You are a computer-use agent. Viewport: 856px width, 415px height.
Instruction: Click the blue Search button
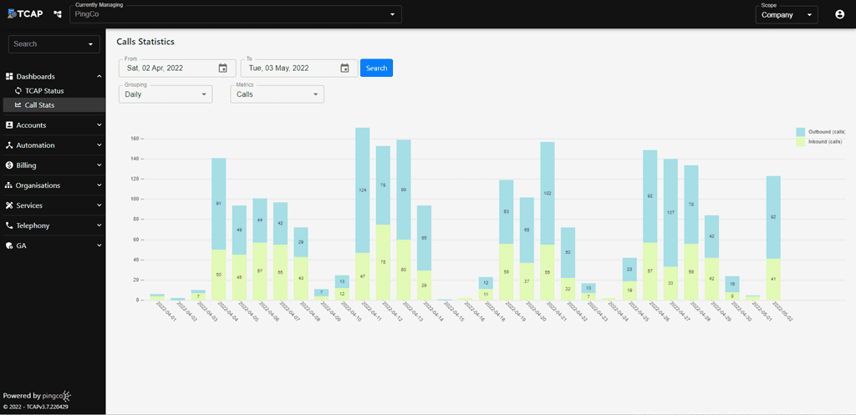pyautogui.click(x=376, y=68)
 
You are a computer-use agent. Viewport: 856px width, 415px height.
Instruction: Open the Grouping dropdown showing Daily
pyautogui.click(x=166, y=94)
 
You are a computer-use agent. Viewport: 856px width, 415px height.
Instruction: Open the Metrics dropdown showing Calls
pyautogui.click(x=277, y=94)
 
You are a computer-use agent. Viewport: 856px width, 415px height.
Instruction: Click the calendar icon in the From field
pyautogui.click(x=223, y=68)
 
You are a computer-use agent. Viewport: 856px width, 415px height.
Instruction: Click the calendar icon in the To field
pyautogui.click(x=345, y=68)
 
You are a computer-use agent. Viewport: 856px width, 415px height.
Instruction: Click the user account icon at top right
pyautogui.click(x=839, y=14)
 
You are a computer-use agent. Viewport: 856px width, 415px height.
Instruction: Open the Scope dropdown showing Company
pyautogui.click(x=786, y=14)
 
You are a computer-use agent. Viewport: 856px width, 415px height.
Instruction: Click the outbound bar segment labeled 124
pyautogui.click(x=363, y=190)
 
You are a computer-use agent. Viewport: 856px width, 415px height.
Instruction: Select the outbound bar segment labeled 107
pyautogui.click(x=670, y=213)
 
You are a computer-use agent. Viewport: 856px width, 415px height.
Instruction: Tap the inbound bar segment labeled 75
pyautogui.click(x=383, y=261)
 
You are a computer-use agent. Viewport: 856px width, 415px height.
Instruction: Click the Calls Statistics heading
pyautogui.click(x=146, y=41)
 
